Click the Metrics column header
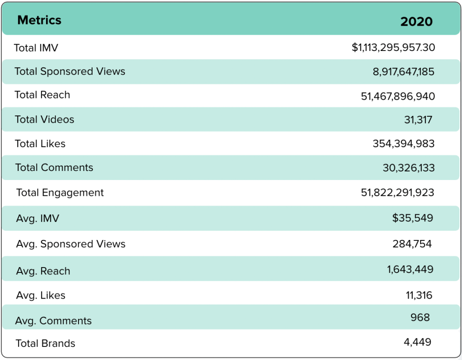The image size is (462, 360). (x=39, y=20)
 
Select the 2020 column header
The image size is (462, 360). (x=416, y=21)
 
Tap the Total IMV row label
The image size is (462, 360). (x=36, y=48)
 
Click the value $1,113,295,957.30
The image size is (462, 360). (x=393, y=47)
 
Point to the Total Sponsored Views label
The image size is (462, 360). (x=70, y=71)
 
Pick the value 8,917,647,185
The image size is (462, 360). (x=403, y=72)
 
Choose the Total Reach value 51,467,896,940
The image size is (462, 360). (x=398, y=96)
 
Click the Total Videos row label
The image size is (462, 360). (x=44, y=120)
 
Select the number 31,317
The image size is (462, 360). (x=418, y=120)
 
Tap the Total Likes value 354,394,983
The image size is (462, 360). (x=403, y=144)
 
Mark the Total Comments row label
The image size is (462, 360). (x=54, y=168)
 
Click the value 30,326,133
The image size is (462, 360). (x=408, y=168)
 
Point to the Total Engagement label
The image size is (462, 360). (x=60, y=193)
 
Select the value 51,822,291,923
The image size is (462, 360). (x=397, y=193)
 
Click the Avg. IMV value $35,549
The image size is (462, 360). (x=412, y=218)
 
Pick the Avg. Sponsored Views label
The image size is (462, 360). (x=71, y=244)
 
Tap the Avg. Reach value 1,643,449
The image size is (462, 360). (x=410, y=270)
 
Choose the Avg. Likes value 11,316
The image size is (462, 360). (x=419, y=295)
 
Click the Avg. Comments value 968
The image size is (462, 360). (x=420, y=317)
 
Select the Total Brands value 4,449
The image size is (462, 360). (x=417, y=342)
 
